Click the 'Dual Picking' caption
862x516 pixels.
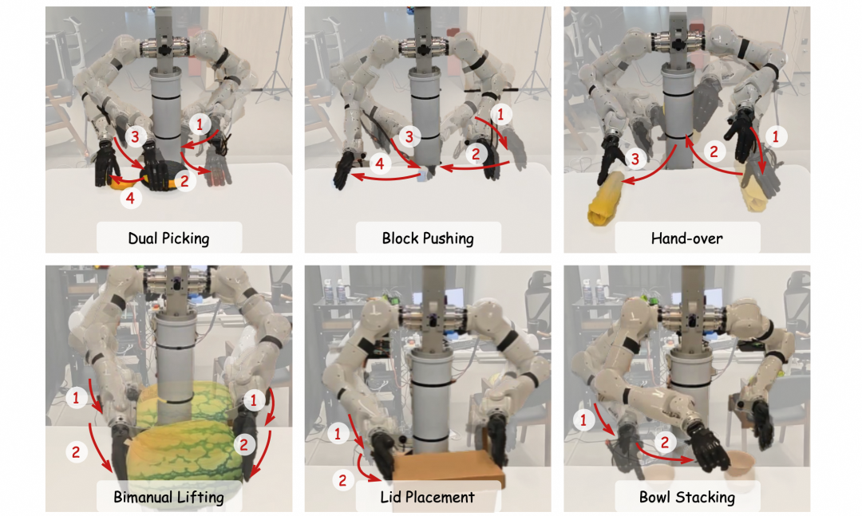tap(168, 238)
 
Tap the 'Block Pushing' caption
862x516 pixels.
tap(428, 238)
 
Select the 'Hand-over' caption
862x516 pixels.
tap(686, 238)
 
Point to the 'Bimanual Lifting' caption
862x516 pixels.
tap(168, 498)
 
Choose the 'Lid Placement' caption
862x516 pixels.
tap(427, 498)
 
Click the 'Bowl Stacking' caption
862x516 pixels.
tap(686, 498)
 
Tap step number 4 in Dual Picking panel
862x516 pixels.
tap(130, 197)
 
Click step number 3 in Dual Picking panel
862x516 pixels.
tap(135, 136)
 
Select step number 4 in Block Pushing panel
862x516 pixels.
tap(379, 163)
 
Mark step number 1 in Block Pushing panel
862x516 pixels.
tap(500, 114)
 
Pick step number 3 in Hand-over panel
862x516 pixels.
tap(635, 160)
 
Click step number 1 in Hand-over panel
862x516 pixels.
tap(776, 136)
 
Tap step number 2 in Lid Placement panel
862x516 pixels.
tap(342, 481)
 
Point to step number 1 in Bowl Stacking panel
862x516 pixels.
tap(583, 420)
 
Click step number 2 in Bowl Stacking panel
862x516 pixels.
tap(665, 442)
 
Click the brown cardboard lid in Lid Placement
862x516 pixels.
tap(448, 467)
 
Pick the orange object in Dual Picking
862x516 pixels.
tap(122, 183)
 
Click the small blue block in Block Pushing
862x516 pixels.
tap(423, 175)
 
